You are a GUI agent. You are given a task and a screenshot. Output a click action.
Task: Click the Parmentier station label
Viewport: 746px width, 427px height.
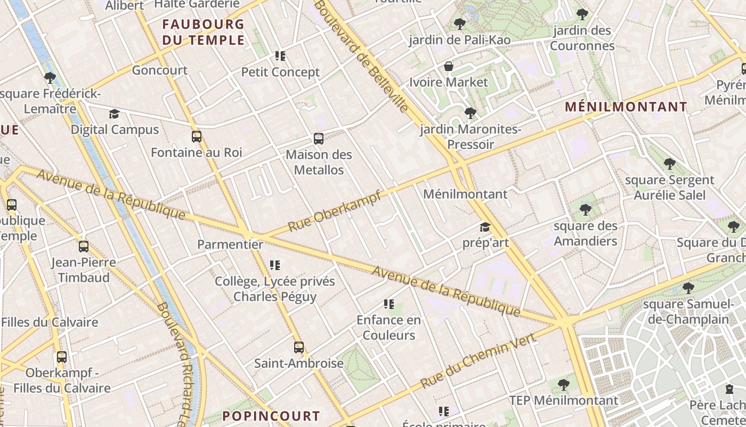[x=230, y=244]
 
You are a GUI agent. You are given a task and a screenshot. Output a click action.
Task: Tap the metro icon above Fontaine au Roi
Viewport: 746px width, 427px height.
[x=197, y=137]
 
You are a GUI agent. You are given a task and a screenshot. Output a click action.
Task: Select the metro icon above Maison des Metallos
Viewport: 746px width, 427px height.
[x=319, y=139]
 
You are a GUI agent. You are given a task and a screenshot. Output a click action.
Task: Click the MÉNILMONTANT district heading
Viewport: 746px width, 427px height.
[x=626, y=107]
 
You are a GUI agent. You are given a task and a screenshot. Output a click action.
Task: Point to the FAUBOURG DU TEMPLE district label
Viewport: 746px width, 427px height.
[x=203, y=32]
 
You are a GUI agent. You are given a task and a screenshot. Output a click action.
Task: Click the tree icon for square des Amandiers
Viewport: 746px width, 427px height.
[x=586, y=210]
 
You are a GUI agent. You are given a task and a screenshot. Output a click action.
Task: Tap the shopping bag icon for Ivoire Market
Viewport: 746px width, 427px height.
[x=449, y=66]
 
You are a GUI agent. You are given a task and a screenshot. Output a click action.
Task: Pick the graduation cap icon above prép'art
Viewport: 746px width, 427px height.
[x=485, y=227]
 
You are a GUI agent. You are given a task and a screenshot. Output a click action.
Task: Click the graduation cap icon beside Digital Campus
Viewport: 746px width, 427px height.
[x=114, y=114]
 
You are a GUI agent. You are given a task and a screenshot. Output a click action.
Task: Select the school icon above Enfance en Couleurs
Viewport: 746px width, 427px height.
[x=389, y=304]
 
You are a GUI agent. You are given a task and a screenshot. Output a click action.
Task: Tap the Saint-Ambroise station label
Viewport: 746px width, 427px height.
[x=298, y=363]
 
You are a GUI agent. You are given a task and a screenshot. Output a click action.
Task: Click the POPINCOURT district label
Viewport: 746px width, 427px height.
[x=271, y=416]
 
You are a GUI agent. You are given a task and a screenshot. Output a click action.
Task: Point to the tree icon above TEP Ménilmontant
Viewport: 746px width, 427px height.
[x=563, y=384]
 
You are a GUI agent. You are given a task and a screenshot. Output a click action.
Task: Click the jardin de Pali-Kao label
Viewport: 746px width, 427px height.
[x=459, y=40]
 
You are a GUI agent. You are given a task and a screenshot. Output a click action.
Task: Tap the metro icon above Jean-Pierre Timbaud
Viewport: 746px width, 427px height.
[x=84, y=247]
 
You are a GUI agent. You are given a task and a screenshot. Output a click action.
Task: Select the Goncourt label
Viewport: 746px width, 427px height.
[x=160, y=70]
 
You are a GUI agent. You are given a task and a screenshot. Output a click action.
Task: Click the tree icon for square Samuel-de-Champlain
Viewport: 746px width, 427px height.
[x=688, y=288]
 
